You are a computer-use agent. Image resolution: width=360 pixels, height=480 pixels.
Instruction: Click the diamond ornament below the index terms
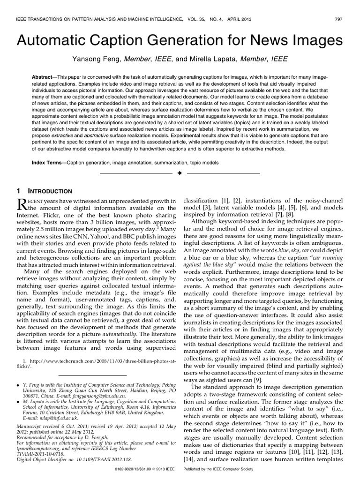[180, 174]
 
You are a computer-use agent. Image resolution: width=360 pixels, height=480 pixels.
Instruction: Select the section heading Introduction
[51, 191]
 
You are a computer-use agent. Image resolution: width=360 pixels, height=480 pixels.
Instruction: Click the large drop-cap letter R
[23, 204]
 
